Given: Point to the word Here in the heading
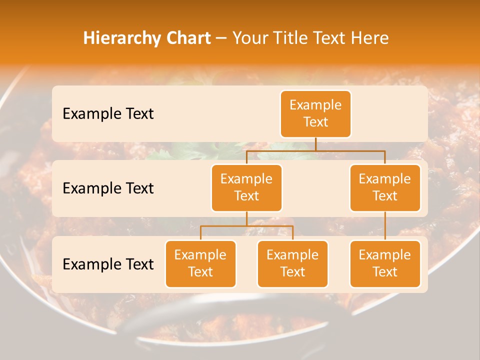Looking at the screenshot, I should pyautogui.click(x=369, y=38).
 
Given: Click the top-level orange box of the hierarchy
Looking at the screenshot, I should pyautogui.click(x=315, y=113).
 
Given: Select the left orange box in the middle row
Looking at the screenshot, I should pyautogui.click(x=246, y=187).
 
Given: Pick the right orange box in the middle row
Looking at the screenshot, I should pyautogui.click(x=384, y=187).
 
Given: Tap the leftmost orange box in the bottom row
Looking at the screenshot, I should pyautogui.click(x=200, y=263).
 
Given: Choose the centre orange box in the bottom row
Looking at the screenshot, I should pyautogui.click(x=292, y=263).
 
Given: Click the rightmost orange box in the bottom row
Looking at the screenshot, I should pyautogui.click(x=384, y=263).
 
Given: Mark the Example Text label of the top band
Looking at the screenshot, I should pyautogui.click(x=108, y=113).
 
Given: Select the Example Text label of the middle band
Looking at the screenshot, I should pyautogui.click(x=108, y=188).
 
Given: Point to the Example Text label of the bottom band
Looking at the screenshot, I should pyautogui.click(x=108, y=264).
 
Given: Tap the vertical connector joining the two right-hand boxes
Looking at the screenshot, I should pyautogui.click(x=385, y=225).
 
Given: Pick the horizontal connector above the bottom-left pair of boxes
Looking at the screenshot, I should pyautogui.click(x=246, y=226).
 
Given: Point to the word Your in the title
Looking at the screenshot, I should pyautogui.click(x=248, y=38).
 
